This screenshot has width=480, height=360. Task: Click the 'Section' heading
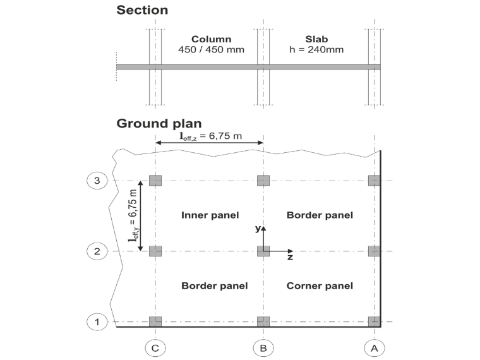point(142,10)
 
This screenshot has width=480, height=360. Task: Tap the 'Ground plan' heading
point(159,124)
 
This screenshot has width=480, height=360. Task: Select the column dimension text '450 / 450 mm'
point(211,50)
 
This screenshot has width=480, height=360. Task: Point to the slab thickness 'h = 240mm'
point(316,50)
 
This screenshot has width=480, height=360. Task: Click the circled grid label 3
point(97,181)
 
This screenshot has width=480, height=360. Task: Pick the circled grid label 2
point(97,251)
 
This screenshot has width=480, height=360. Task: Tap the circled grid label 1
point(97,322)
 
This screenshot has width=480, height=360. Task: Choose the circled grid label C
point(155,349)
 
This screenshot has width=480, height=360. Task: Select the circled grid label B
point(263,349)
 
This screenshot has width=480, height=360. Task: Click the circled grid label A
point(375,349)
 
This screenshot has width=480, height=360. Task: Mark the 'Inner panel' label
point(210,215)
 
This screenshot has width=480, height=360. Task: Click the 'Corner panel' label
point(320,286)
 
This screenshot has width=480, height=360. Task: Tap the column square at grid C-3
point(155,181)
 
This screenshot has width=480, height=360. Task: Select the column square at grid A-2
point(375,251)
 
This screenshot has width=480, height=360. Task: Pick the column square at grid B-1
point(263,322)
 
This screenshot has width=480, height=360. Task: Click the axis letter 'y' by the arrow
point(258,229)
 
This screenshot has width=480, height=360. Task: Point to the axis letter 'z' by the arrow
point(290,257)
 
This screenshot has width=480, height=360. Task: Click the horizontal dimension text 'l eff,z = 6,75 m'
point(210,136)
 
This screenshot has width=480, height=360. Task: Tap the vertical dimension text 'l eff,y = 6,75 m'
point(133,215)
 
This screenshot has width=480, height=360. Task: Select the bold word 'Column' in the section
point(211,39)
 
